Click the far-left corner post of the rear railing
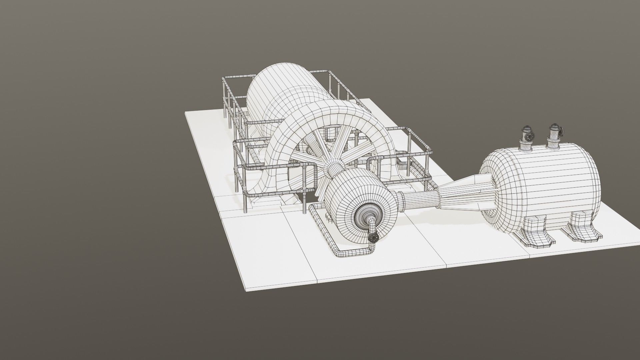tap(224, 97)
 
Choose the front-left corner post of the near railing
tap(245, 200)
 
